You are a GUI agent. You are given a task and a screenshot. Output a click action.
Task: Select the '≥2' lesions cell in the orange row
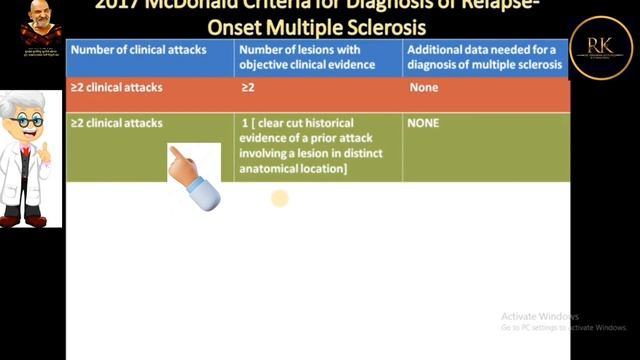248,88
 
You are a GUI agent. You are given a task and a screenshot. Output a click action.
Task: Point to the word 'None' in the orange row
424,88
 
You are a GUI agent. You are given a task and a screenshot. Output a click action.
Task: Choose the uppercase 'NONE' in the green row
424,123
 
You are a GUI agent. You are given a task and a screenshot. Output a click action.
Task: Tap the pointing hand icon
192,177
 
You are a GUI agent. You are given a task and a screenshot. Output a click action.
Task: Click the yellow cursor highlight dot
279,199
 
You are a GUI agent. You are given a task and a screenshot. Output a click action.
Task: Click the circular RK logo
601,46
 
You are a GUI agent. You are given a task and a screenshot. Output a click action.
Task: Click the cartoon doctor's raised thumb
45,147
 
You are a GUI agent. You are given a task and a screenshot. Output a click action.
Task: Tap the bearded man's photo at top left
40,22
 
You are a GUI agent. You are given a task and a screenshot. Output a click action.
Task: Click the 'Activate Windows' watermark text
540,316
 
